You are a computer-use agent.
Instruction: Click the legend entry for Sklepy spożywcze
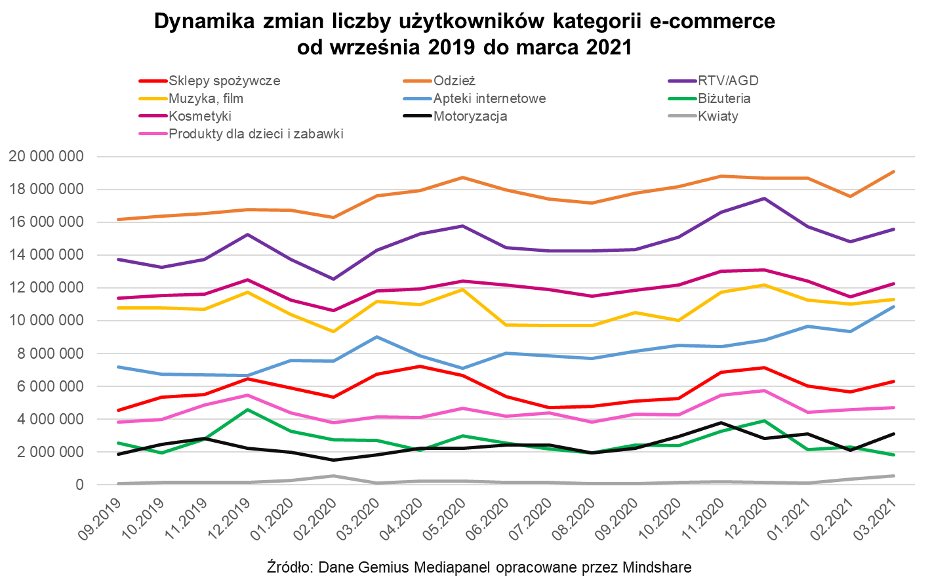coord(224,81)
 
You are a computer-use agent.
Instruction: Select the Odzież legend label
coord(454,81)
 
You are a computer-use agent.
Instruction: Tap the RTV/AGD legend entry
coord(728,81)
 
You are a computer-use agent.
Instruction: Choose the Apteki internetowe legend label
coord(489,99)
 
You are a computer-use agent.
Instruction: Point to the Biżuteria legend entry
coord(725,99)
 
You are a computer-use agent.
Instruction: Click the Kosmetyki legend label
coord(200,117)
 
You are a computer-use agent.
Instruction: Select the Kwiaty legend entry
coord(718,117)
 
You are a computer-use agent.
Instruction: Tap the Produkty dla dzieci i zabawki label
coord(256,134)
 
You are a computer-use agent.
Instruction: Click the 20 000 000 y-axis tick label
coord(46,157)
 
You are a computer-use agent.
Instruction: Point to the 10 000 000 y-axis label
coord(46,321)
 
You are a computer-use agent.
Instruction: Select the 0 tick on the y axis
coord(80,485)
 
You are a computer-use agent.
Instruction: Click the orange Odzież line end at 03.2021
coord(894,172)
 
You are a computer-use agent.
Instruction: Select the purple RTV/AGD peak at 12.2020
coord(764,198)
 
